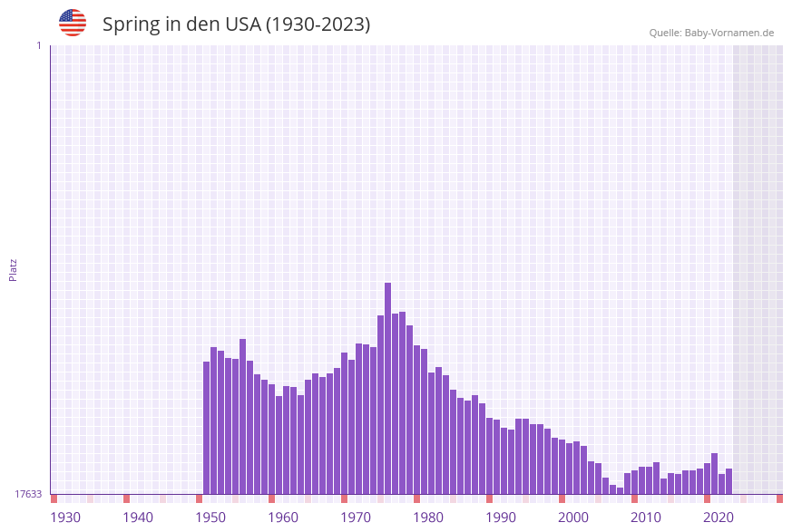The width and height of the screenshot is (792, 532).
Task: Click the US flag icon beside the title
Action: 73,23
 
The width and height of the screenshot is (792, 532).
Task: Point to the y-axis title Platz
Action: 13,269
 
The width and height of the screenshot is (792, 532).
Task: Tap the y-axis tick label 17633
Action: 28,494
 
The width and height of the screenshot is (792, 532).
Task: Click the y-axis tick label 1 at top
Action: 38,45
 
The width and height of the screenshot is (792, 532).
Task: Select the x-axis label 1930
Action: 65,517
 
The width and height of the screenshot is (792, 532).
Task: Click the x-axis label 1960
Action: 283,517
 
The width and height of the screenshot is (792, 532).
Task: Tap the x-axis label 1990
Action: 501,517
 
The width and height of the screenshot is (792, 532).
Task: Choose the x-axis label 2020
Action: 719,517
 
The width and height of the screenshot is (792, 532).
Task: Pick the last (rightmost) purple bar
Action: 728,481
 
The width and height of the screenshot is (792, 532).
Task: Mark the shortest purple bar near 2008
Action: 620,490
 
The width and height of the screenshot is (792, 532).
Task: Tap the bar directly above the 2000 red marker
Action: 562,467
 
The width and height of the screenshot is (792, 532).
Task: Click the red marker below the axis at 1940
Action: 126,498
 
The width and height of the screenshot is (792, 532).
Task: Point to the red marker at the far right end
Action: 779,498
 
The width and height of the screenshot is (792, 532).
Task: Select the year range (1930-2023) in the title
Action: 317,24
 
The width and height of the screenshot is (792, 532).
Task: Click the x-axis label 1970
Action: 356,517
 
